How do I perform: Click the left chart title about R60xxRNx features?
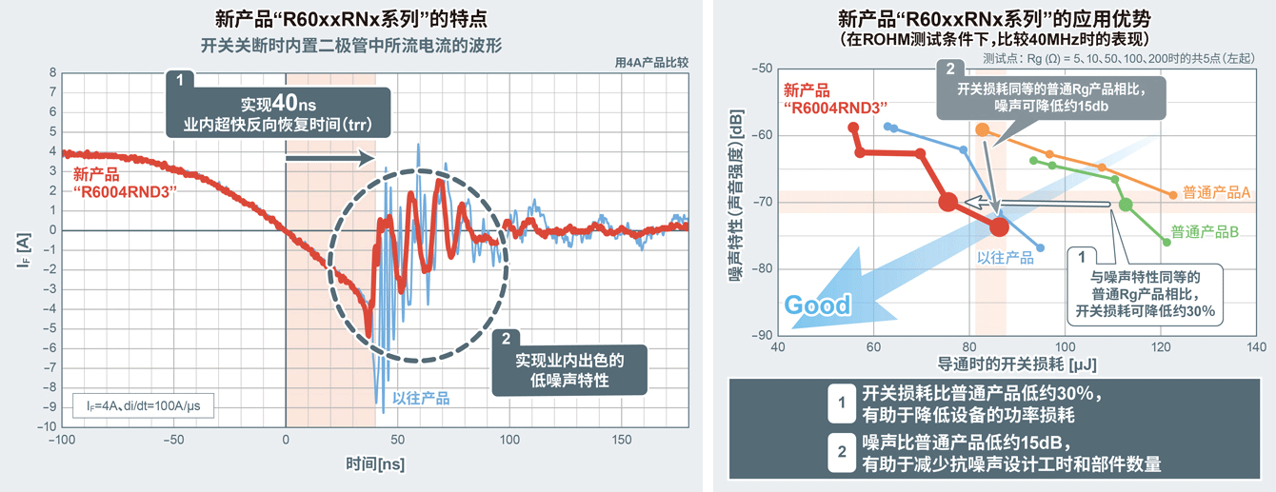point(352,18)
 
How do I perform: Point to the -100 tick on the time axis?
point(61,441)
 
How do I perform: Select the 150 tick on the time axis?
point(621,441)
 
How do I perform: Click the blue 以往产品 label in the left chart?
point(420,399)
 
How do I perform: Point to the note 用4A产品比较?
point(651,62)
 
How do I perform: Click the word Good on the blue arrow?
point(817,305)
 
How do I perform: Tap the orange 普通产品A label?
point(1216,192)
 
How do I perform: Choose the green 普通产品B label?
point(1204,231)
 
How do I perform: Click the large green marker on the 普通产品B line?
point(1126,205)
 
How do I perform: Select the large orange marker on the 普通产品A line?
point(983,128)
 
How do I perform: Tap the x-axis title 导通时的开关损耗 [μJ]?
point(1017,364)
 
